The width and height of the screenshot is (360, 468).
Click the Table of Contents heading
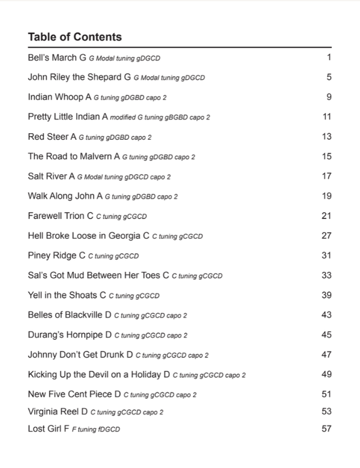pos(74,37)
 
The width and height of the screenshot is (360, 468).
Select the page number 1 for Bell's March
pos(329,58)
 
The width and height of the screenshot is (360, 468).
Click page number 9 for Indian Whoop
pos(329,97)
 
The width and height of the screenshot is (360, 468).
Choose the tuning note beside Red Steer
pos(115,137)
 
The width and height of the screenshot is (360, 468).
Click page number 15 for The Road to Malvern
pos(326,156)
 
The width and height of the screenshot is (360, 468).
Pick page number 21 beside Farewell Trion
pos(326,215)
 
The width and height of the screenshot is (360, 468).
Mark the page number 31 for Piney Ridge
pos(326,255)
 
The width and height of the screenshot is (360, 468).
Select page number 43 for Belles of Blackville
pos(326,314)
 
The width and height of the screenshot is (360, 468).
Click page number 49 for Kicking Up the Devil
pos(326,374)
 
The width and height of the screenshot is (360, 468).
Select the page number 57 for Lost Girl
pos(326,428)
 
